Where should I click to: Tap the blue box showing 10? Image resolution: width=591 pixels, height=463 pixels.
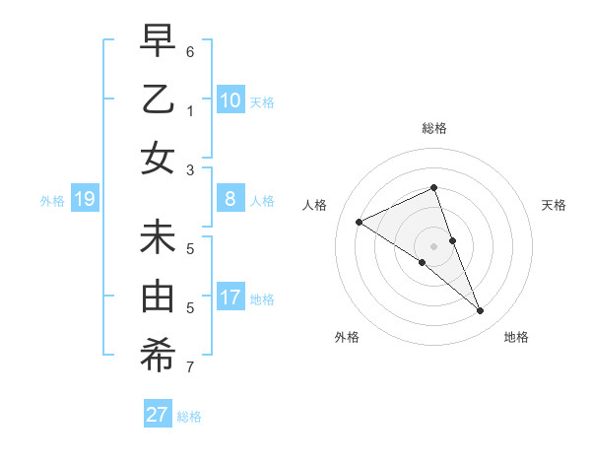(230, 99)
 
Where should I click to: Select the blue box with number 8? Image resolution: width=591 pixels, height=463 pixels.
(230, 199)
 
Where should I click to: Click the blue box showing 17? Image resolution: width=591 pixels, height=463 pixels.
(230, 298)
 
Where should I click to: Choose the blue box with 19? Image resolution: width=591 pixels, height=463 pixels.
(85, 200)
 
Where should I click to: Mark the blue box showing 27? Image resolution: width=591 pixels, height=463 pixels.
(158, 414)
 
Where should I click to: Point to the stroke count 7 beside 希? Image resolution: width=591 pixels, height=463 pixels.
(190, 368)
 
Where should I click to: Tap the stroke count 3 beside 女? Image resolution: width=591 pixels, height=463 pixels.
(190, 169)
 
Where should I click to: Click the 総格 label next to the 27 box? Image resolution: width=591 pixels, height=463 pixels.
(189, 417)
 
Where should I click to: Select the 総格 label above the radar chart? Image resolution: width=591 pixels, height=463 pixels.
(433, 128)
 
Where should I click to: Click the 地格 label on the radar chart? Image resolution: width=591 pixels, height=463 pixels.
(516, 337)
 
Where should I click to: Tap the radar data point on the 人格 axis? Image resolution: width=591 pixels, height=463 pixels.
(360, 222)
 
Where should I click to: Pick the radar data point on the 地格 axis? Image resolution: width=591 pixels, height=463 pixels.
(481, 311)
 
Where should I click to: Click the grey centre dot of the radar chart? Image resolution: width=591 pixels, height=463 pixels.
(433, 245)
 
